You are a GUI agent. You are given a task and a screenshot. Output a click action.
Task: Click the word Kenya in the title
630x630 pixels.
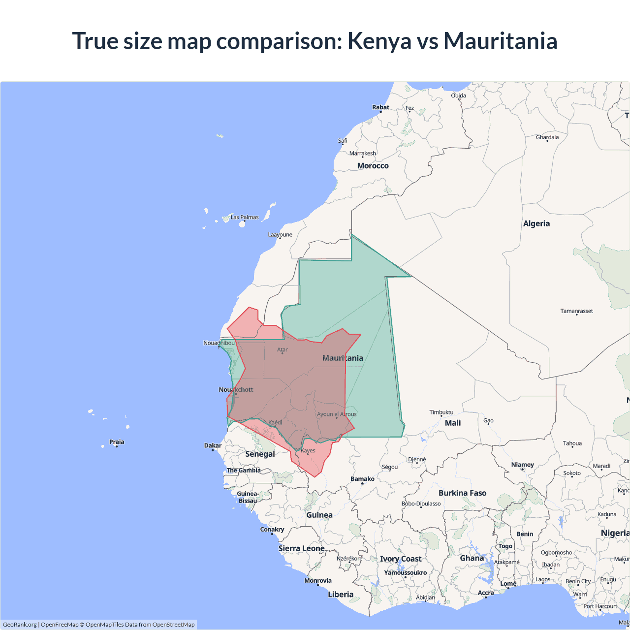(379, 41)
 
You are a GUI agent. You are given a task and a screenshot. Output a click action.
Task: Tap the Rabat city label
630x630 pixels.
(380, 107)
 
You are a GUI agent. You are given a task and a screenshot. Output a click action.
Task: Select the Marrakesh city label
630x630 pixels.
(362, 154)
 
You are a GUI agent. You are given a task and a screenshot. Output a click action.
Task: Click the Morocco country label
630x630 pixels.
(373, 166)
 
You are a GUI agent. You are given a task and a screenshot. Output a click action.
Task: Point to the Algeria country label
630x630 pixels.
(536, 223)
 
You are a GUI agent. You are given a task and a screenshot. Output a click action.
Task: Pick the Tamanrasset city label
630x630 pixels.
(576, 311)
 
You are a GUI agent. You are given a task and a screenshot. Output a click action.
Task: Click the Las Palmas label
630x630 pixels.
(245, 217)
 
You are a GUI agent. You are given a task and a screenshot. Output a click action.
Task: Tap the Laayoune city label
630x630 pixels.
(280, 235)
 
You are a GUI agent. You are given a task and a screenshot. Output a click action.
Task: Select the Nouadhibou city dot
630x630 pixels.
(219, 347)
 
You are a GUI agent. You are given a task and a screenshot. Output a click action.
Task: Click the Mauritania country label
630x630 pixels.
(343, 358)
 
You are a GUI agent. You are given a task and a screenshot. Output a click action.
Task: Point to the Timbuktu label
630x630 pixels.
(441, 412)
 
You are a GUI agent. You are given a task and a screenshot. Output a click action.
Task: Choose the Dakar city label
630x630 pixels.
(213, 445)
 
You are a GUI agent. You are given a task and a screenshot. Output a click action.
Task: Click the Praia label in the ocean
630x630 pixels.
(117, 442)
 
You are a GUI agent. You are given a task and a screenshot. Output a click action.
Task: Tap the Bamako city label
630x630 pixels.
(362, 479)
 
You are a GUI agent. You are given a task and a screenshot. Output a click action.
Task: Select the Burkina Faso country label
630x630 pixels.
(462, 493)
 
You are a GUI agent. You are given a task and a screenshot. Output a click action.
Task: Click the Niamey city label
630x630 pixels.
(522, 465)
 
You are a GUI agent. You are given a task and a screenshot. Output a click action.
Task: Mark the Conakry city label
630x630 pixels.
(272, 530)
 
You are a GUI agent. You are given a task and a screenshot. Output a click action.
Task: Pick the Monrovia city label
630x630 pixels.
(317, 581)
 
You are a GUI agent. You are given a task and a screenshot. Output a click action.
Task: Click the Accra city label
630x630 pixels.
(485, 593)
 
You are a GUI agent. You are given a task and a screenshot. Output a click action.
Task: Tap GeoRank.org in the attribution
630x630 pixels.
(20, 625)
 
